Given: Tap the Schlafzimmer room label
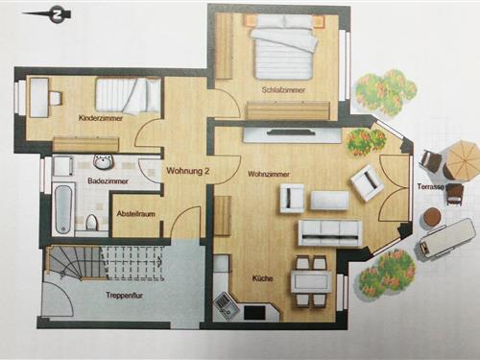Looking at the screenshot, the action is [283, 90].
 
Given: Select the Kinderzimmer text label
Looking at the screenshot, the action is [101, 118].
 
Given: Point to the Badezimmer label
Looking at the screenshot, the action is [108, 181].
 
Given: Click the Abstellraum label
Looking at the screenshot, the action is [135, 213].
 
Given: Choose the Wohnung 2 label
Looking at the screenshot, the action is [188, 171].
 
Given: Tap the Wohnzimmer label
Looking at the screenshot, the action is [269, 175].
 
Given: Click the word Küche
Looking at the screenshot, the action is [262, 278].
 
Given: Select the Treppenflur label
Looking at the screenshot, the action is [124, 296].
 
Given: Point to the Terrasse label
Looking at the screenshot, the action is [430, 186].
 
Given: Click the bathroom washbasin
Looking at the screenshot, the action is [103, 161].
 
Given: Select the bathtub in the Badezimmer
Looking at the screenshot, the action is [63, 208].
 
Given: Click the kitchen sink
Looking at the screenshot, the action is [224, 304].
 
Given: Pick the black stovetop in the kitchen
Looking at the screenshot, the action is [254, 313].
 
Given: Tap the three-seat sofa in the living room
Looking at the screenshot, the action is [330, 232].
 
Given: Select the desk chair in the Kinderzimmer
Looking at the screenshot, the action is [56, 98].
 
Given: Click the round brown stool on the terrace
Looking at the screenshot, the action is [432, 218].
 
